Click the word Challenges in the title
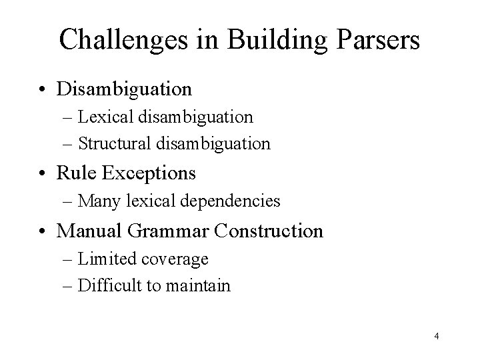point(125,40)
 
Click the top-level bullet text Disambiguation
point(125,88)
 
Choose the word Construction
point(269,231)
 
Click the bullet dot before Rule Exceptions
point(45,174)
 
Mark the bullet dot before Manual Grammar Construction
point(45,232)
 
